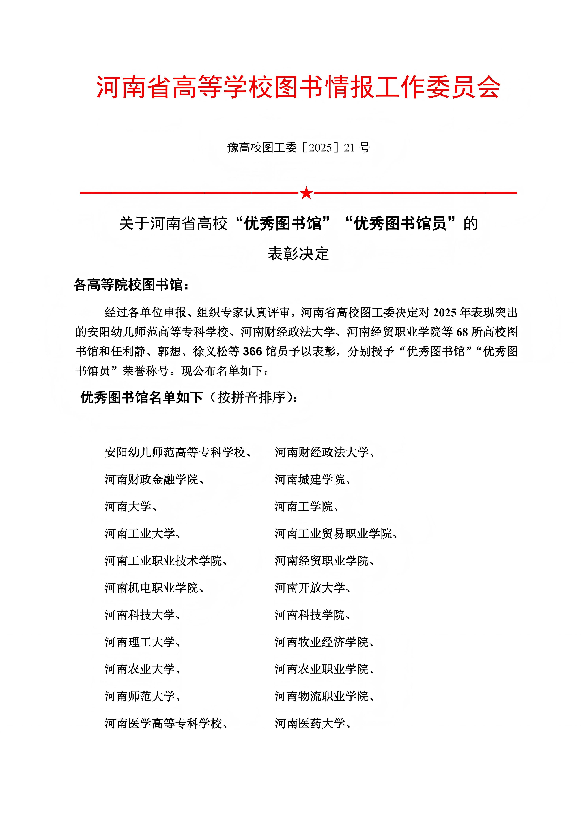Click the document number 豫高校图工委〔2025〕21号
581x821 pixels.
click(298, 147)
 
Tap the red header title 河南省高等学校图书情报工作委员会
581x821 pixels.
click(298, 87)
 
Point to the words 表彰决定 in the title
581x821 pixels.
click(298, 254)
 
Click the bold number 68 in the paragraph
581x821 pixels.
click(462, 332)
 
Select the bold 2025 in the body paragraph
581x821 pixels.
click(445, 313)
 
